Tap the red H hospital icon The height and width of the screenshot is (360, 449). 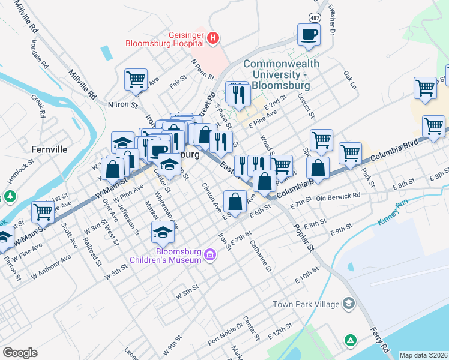(212, 39)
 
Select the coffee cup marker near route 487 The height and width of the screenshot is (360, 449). (309, 35)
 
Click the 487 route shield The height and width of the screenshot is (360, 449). (315, 17)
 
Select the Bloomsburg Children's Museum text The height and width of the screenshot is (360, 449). (166, 256)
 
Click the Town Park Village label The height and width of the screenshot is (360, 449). (306, 304)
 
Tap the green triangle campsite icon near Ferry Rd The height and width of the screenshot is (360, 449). (350, 340)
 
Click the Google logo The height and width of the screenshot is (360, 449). (20, 352)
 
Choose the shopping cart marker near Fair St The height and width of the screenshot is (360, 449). (136, 79)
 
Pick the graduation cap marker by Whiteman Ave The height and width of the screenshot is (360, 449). (163, 231)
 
